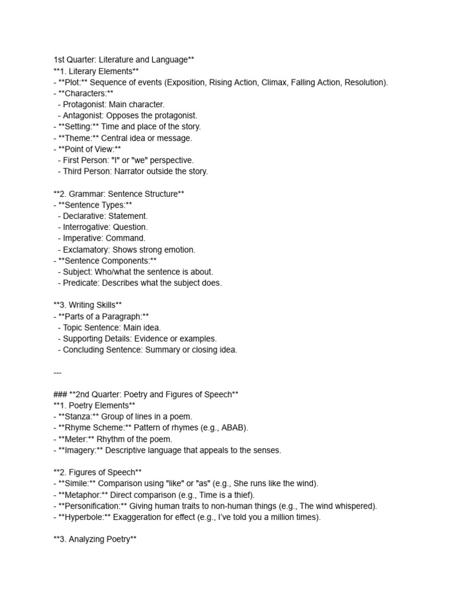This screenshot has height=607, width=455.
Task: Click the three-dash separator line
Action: pyautogui.click(x=57, y=372)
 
